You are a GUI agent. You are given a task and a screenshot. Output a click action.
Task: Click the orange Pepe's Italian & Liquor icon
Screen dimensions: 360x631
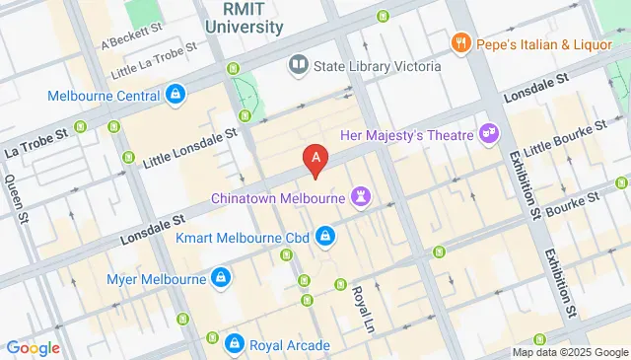coord(459,42)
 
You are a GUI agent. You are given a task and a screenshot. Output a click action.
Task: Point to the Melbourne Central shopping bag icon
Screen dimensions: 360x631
coord(175,96)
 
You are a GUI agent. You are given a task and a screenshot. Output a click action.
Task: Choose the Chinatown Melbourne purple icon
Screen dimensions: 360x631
coord(362,197)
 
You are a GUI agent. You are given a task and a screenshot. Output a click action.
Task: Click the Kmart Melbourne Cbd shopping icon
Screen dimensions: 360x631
coord(324,237)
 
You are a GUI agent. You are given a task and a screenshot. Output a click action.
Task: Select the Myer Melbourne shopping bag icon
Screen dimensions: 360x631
coord(222,279)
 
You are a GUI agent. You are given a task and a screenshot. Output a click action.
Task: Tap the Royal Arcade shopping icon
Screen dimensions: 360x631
coord(234,344)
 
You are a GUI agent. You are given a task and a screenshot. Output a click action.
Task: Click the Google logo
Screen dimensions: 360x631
coord(34,347)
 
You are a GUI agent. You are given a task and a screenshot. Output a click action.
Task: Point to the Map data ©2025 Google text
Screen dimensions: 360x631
coord(569,352)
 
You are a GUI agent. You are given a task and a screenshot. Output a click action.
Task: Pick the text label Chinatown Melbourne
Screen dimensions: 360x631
coord(279,198)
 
